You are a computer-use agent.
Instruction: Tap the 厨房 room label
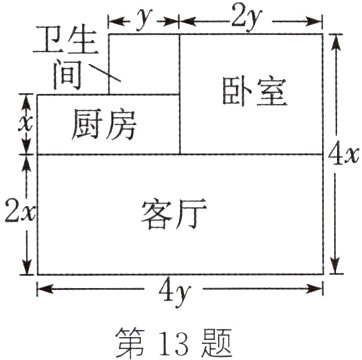coord(104,125)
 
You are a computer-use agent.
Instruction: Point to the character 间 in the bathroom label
coord(65,74)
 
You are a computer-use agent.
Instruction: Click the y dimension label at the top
coord(144,16)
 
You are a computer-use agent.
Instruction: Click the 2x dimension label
coord(16,212)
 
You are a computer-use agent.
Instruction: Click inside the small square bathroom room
coord(148,60)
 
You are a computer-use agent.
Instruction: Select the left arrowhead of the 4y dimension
coord(42,290)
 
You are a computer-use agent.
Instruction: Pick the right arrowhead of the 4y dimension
coord(319,290)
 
